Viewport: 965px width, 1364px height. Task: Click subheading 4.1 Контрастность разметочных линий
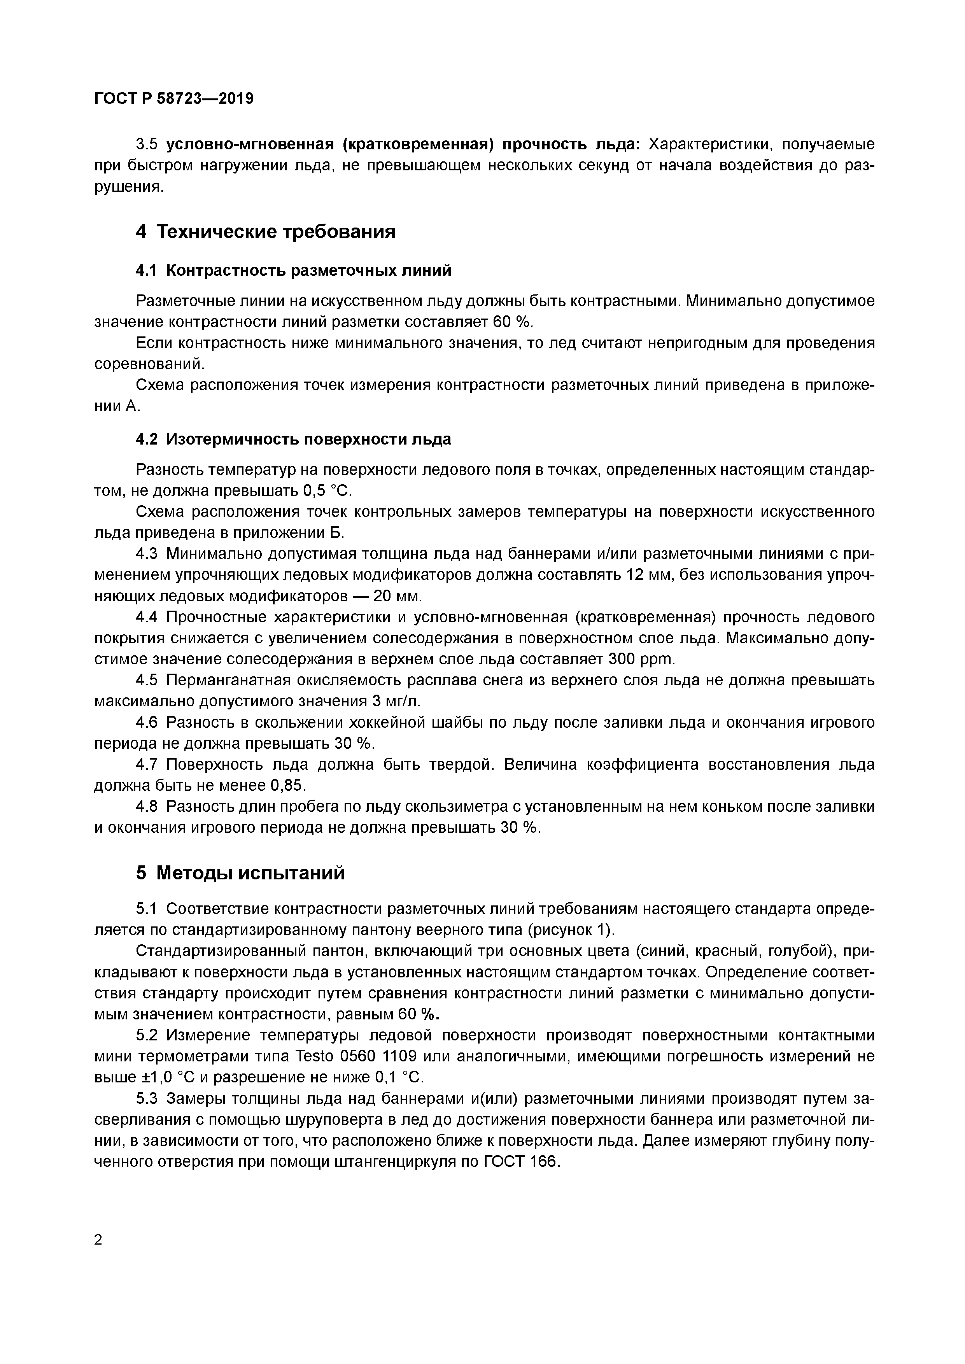click(x=294, y=271)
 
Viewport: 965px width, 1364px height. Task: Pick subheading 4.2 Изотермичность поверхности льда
click(x=294, y=439)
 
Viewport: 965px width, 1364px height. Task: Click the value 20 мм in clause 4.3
click(x=398, y=596)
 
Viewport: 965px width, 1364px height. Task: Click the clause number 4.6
click(x=147, y=722)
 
